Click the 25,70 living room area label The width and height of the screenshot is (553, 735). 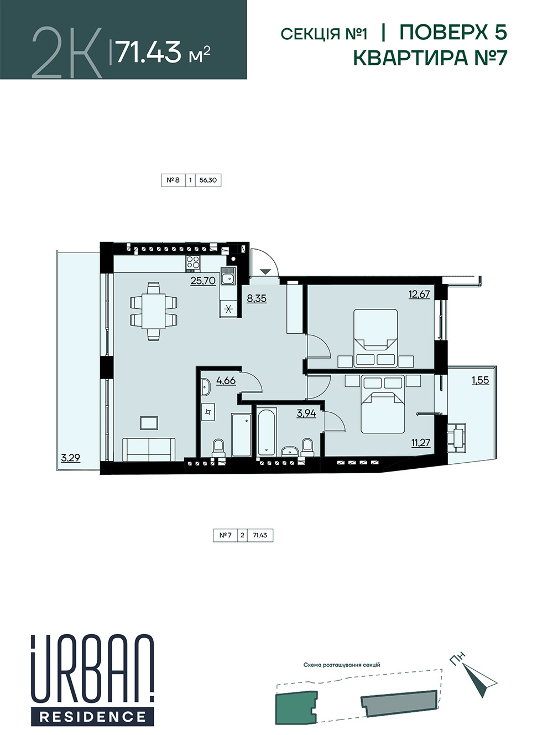(x=203, y=280)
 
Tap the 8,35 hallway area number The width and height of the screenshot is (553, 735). (x=257, y=298)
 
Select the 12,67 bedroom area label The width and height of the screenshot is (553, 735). (x=419, y=294)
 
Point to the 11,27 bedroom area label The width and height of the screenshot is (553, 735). (x=420, y=443)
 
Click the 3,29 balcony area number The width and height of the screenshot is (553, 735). (x=70, y=457)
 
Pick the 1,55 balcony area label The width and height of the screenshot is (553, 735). (x=480, y=380)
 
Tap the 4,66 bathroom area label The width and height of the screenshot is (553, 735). (x=226, y=380)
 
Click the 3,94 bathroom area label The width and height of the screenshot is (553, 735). (x=306, y=413)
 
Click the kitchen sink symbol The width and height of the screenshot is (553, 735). (x=228, y=276)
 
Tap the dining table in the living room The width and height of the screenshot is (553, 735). (x=154, y=311)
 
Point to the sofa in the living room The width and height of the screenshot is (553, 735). (x=149, y=449)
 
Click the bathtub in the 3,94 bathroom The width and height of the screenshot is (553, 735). (x=267, y=431)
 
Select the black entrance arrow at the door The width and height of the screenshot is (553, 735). (x=265, y=272)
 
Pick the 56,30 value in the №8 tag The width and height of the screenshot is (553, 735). (x=208, y=180)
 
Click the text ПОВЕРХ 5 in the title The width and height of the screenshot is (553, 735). (x=453, y=33)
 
